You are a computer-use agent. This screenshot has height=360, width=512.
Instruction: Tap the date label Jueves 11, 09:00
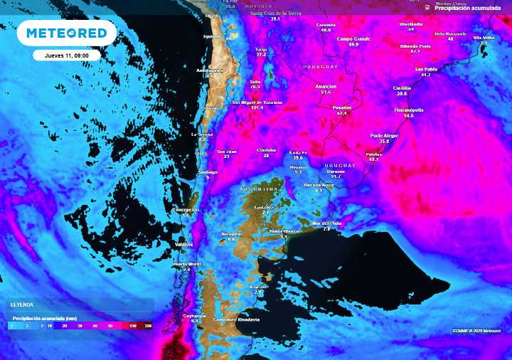point(66,54)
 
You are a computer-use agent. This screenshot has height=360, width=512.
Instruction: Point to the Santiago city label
point(207,172)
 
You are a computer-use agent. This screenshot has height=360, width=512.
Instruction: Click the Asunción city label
point(326,86)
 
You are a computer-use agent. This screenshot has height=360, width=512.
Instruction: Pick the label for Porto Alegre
point(384,135)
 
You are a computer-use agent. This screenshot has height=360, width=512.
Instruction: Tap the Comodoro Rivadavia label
point(236,319)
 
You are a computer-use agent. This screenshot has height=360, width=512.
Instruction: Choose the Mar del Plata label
point(327,223)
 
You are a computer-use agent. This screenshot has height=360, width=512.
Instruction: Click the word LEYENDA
point(21,304)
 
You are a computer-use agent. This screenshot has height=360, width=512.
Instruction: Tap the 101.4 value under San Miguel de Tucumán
point(256,107)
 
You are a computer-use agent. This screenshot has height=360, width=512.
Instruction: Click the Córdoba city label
point(266,149)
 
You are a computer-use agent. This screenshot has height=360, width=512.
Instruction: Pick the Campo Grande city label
point(353,38)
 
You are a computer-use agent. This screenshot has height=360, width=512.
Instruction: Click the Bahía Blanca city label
point(283,231)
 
